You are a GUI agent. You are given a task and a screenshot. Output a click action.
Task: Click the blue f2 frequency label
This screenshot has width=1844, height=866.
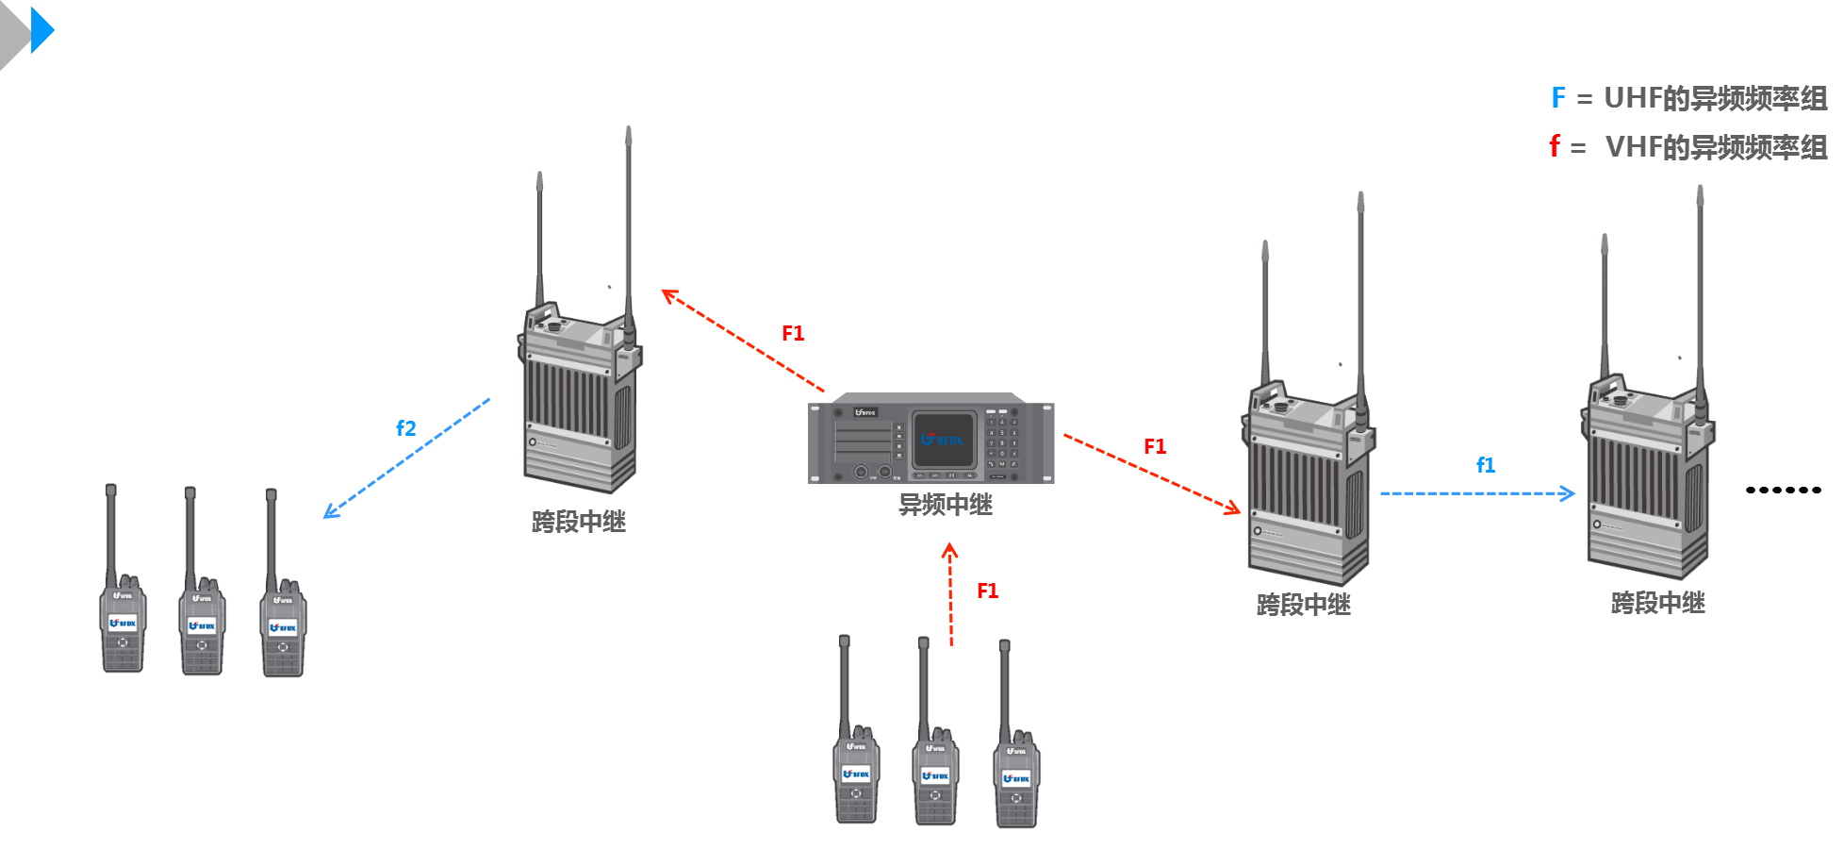pyautogui.click(x=406, y=428)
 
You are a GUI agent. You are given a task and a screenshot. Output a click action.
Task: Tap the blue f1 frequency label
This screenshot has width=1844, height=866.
pyautogui.click(x=1486, y=465)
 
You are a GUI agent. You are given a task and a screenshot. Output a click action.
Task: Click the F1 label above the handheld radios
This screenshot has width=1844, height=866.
pyautogui.click(x=987, y=591)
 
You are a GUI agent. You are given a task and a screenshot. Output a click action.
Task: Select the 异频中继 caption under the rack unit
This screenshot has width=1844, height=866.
pyautogui.click(x=945, y=505)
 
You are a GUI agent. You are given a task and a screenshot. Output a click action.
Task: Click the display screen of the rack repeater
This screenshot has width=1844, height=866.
pyautogui.click(x=943, y=440)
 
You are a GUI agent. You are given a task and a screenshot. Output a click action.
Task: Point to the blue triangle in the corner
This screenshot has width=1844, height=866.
pyautogui.click(x=42, y=30)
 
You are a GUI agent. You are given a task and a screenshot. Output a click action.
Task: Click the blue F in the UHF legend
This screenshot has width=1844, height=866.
pyautogui.click(x=1558, y=98)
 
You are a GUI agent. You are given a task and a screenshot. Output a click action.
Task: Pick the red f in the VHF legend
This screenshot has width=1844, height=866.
pyautogui.click(x=1555, y=146)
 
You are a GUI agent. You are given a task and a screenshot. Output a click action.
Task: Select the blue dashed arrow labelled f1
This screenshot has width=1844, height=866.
pyautogui.click(x=1476, y=493)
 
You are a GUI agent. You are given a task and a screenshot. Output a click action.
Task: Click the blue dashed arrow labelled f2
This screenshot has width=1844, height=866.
pyautogui.click(x=407, y=458)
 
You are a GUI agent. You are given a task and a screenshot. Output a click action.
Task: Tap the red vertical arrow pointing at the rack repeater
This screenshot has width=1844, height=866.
pyautogui.click(x=950, y=594)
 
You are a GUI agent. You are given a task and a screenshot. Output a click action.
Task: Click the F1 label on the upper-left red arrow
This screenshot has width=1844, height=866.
pyautogui.click(x=793, y=334)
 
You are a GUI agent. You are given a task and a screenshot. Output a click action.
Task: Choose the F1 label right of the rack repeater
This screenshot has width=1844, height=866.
pyautogui.click(x=1155, y=447)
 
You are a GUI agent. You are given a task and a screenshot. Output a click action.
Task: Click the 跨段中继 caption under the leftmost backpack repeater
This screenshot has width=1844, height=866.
pyautogui.click(x=579, y=522)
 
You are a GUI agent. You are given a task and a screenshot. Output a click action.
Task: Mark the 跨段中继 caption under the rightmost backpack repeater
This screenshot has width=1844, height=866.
pyautogui.click(x=1658, y=603)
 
